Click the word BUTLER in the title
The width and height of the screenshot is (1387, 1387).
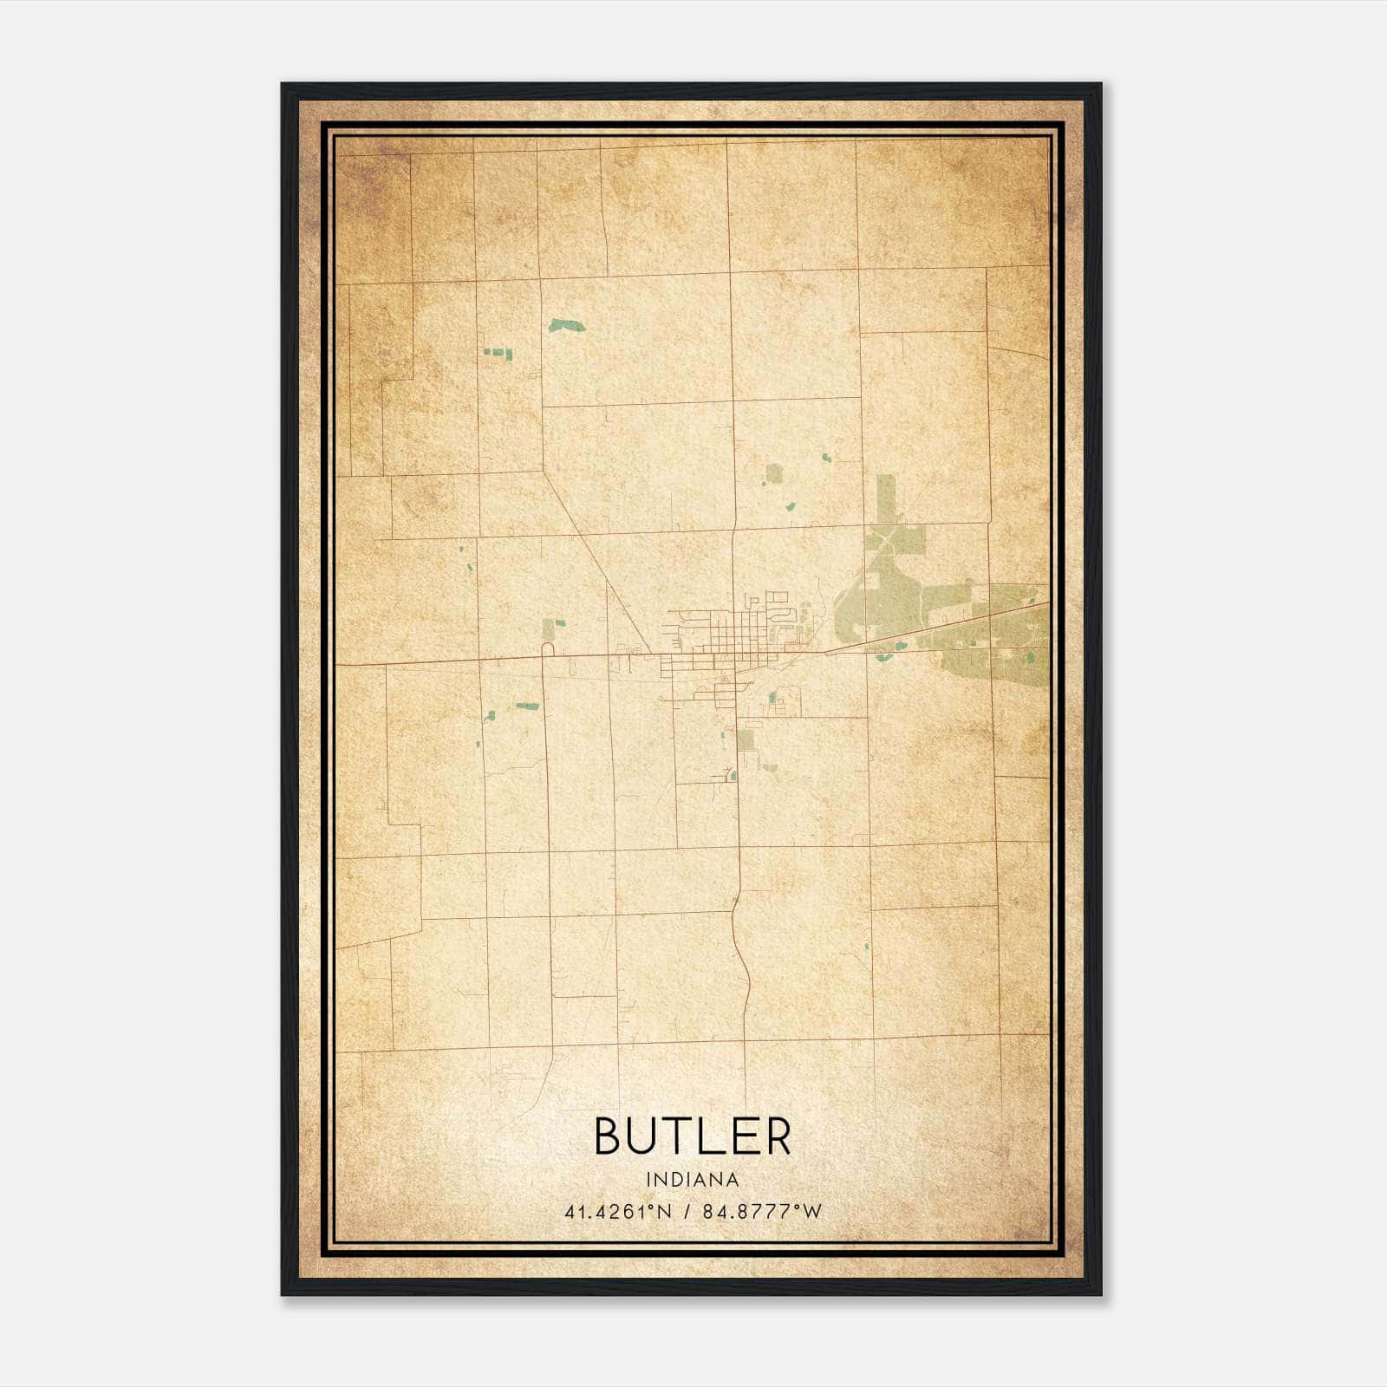click(693, 1136)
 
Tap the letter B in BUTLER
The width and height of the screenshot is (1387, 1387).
click(609, 1136)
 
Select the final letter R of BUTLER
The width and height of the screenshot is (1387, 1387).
click(778, 1136)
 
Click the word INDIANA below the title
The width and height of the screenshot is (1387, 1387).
click(693, 1180)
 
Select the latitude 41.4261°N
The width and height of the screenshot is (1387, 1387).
click(618, 1212)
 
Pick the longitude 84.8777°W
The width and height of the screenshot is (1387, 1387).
click(762, 1212)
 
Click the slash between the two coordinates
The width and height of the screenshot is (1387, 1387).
click(687, 1212)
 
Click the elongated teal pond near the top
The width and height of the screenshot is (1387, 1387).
click(566, 326)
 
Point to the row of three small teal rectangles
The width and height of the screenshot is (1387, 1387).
click(498, 353)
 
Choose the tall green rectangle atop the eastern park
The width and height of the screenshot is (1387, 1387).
click(884, 498)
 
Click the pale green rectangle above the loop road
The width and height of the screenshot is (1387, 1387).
click(549, 628)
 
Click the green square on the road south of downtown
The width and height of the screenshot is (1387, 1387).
click(746, 740)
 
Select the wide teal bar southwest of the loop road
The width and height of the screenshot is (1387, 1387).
click(527, 706)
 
